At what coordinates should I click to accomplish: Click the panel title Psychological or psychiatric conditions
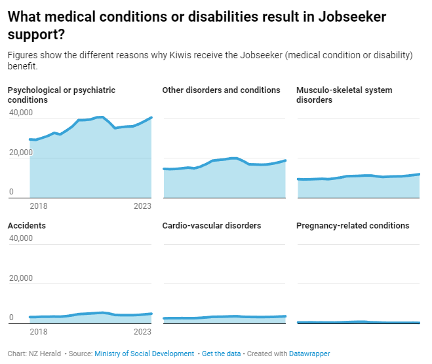point(62,95)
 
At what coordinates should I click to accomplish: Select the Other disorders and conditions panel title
point(221,90)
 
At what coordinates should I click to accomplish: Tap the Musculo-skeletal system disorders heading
point(344,95)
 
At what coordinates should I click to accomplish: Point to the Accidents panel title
point(26,226)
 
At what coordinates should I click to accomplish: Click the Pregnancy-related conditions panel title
point(353,226)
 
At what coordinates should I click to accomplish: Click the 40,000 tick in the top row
point(20,113)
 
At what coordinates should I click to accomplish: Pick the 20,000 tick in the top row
point(20,153)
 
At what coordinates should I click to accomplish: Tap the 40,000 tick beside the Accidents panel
point(20,238)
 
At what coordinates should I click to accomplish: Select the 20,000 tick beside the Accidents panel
point(20,278)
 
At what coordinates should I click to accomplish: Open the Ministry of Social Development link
point(144,354)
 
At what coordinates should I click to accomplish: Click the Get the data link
point(221,354)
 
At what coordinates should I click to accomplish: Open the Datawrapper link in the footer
point(310,354)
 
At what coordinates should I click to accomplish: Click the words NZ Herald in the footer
point(45,354)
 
